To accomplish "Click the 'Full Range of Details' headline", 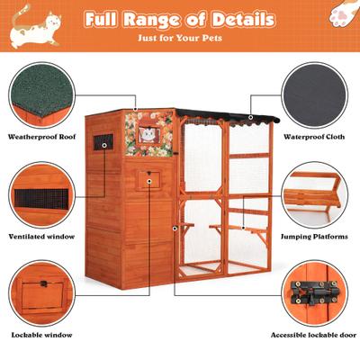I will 180,19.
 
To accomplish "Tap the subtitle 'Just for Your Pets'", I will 180,39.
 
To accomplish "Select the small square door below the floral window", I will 148,180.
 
